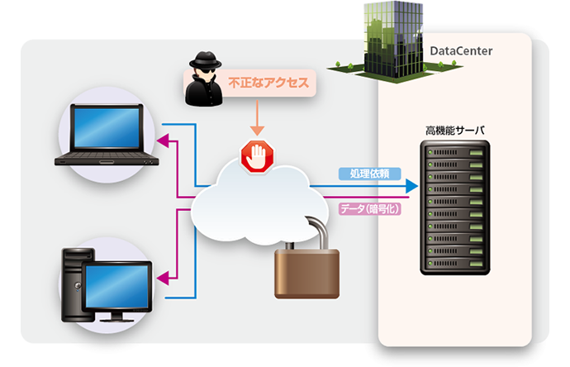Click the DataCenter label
coord(462,52)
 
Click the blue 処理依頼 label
coord(369,174)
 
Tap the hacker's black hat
coord(203,62)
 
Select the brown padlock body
coord(306,269)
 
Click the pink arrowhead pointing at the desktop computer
coord(163,279)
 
